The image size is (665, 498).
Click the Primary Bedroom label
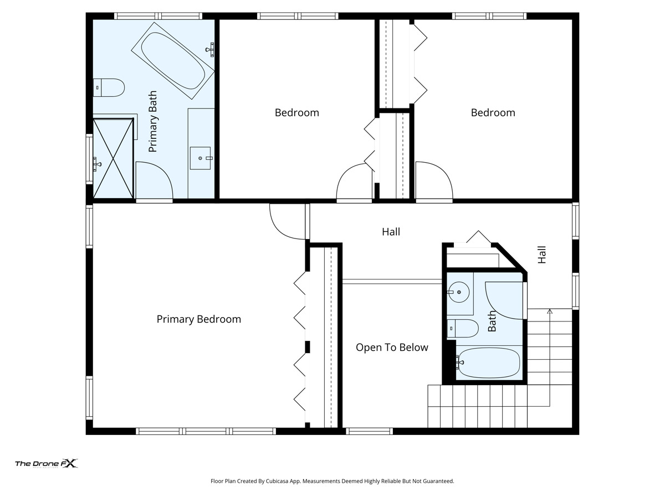pos(199,319)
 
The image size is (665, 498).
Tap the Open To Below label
pos(392,347)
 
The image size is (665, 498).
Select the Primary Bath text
pos(153,121)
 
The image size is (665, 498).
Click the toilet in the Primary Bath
pos(109,87)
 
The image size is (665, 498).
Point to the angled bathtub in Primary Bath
pos(173,60)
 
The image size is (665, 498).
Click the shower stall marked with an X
pos(113,158)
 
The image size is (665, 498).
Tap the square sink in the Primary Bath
pos(200,158)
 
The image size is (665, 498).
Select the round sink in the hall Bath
pos(459,292)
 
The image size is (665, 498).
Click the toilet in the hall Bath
pos(463,328)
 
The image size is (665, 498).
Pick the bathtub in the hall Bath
pos(488,362)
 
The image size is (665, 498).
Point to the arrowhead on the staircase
pos(550,311)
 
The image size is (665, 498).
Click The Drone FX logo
pos(47,464)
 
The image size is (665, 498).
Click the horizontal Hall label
pos(391,232)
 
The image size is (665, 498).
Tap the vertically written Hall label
pos(542,255)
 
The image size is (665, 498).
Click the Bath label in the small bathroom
pos(492,321)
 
